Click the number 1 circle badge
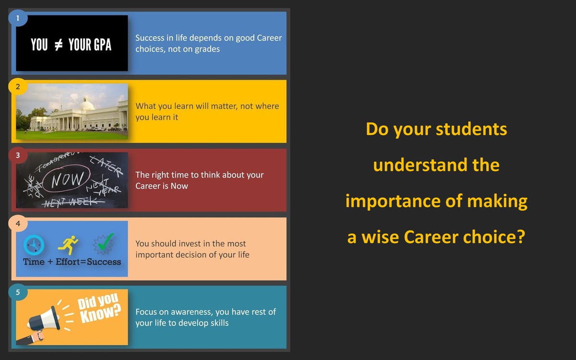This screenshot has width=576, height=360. [x=18, y=18]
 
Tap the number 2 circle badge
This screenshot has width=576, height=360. [x=18, y=86]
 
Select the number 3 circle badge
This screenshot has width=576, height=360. [x=18, y=155]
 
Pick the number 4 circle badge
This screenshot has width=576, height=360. [x=18, y=224]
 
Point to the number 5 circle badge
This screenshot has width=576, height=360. [x=18, y=292]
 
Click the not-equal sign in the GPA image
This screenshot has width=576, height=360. [x=59, y=45]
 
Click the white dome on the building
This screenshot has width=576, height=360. [x=87, y=104]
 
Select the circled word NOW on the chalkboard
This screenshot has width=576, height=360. [x=67, y=179]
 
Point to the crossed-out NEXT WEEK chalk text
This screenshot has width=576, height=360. [x=73, y=202]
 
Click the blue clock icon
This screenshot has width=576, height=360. [x=34, y=245]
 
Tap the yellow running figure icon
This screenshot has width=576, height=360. [x=68, y=245]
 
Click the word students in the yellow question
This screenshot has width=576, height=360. [x=471, y=129]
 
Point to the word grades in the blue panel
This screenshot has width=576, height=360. [x=207, y=49]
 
